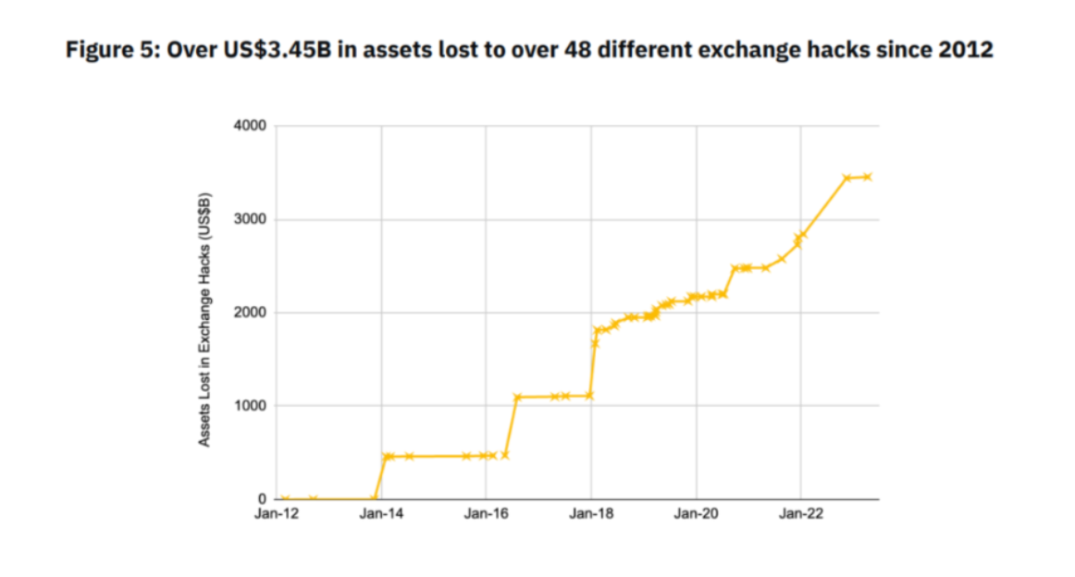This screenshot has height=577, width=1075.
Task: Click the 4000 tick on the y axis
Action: tap(250, 126)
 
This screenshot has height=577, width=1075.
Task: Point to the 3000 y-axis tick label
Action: tap(250, 220)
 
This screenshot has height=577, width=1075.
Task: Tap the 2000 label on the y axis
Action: tap(250, 313)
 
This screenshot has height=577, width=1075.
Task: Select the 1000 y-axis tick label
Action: tap(250, 406)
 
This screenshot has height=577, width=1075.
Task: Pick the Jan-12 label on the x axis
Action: tap(277, 514)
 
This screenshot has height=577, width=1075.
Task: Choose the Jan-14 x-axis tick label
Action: tap(381, 514)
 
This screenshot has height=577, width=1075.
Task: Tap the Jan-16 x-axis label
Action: tap(486, 514)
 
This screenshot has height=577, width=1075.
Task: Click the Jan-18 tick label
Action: tap(591, 514)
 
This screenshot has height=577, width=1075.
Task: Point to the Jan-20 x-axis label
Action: tap(696, 514)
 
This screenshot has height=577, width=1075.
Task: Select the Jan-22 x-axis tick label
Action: tap(801, 514)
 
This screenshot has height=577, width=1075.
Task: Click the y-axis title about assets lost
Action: tap(204, 319)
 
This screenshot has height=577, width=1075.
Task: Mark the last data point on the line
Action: tap(867, 177)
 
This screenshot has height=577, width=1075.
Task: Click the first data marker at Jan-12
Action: tap(285, 499)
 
